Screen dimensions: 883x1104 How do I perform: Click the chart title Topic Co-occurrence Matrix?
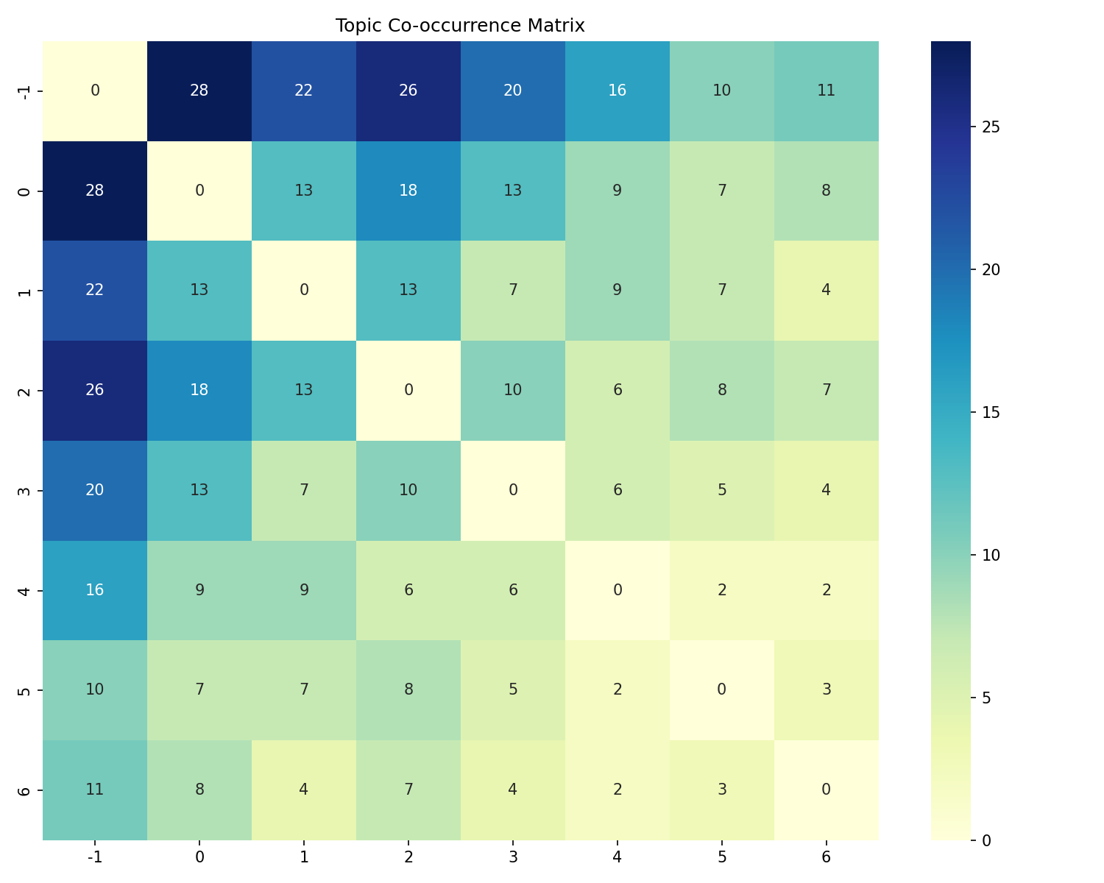460,26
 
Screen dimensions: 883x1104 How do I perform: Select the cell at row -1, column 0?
199,91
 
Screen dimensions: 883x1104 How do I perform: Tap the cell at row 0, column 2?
408,191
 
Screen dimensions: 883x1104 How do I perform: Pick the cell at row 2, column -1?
95,390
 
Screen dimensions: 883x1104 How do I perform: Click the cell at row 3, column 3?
513,490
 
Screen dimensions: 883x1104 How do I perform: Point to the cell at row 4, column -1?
95,590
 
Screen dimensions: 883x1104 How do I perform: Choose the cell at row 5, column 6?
827,689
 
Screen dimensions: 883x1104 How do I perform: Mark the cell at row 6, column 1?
304,790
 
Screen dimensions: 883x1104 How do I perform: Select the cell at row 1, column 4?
618,290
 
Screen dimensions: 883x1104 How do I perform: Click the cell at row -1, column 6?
827,91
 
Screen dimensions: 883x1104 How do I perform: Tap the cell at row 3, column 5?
722,490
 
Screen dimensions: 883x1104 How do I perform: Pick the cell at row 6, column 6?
827,790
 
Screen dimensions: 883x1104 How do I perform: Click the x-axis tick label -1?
95,857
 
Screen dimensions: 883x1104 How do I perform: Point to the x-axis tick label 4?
618,857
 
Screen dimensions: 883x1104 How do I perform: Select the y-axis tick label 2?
24,390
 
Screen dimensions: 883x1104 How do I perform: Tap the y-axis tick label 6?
24,790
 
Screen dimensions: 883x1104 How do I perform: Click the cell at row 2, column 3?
513,390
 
